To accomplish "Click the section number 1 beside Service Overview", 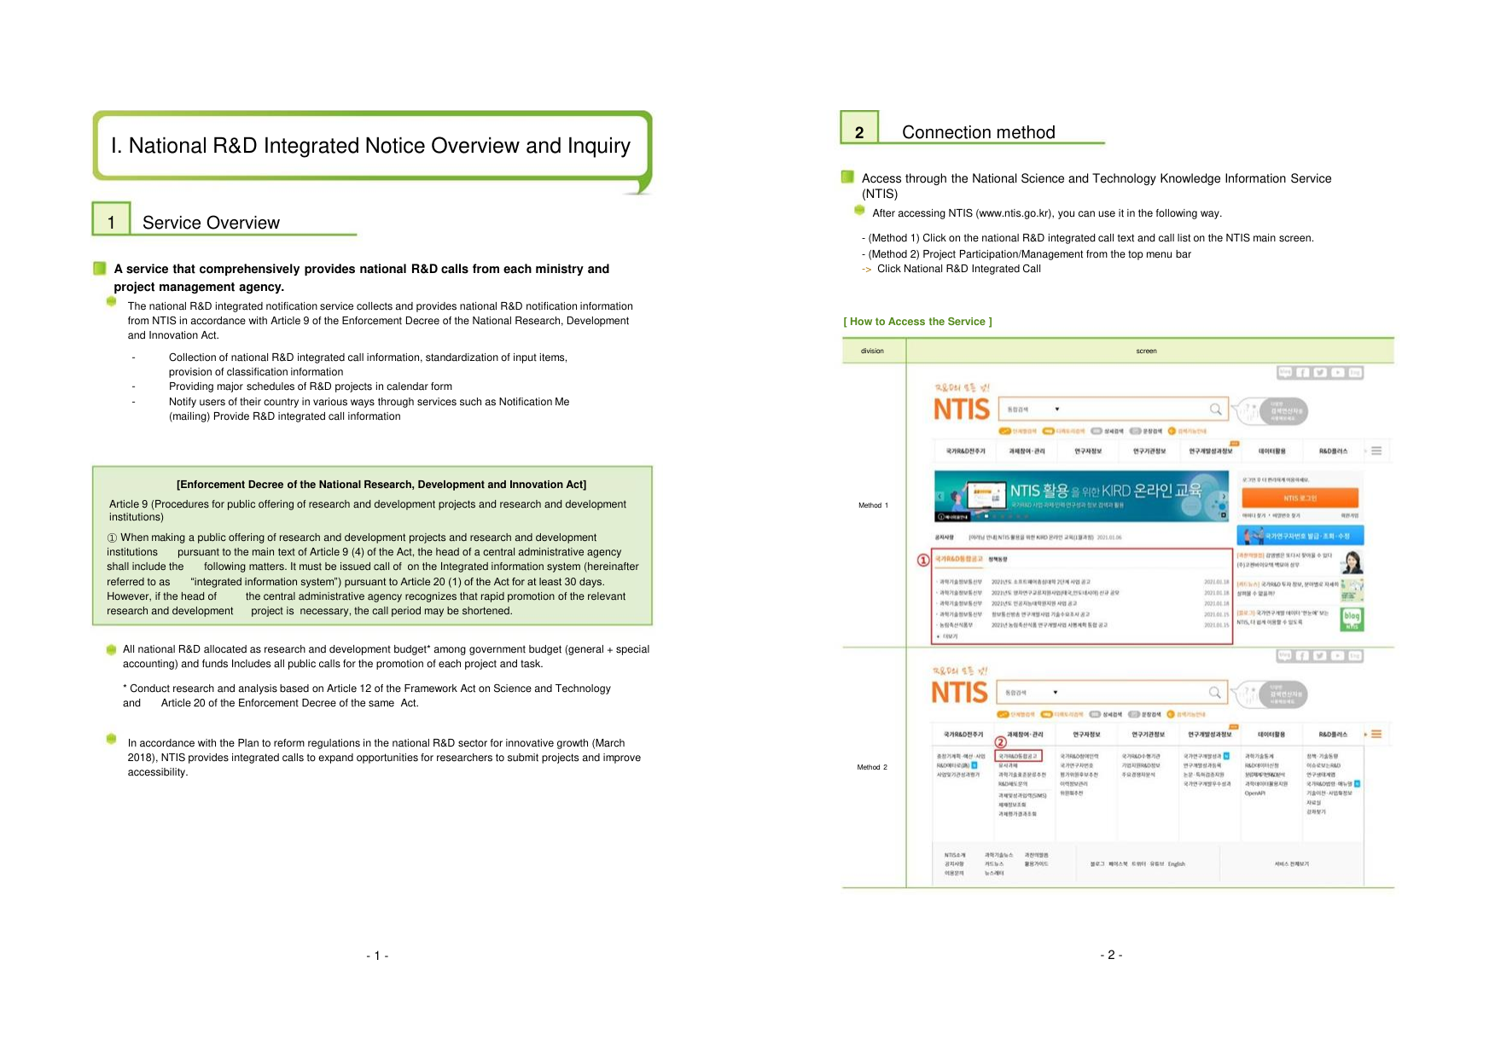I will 111,222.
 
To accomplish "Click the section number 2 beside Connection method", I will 859,131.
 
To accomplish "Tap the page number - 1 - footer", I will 377,956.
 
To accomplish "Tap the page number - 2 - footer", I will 1111,955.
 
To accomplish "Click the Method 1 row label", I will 873,505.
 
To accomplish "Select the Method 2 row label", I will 872,767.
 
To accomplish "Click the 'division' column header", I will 872,351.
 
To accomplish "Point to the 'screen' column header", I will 1146,351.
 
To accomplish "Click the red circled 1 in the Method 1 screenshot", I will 923,561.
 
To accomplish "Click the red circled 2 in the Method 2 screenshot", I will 1000,742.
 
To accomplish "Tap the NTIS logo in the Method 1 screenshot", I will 962,410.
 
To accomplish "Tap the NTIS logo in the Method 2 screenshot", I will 959,692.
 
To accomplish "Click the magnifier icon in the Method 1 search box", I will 1215,410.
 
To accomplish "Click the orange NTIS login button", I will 1300,497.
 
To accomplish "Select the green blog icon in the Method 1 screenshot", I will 1352,619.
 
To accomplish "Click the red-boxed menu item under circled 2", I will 1019,756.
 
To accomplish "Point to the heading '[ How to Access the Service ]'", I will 917,322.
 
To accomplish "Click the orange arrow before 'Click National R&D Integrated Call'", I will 867,270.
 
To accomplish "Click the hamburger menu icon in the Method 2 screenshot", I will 1376,734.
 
